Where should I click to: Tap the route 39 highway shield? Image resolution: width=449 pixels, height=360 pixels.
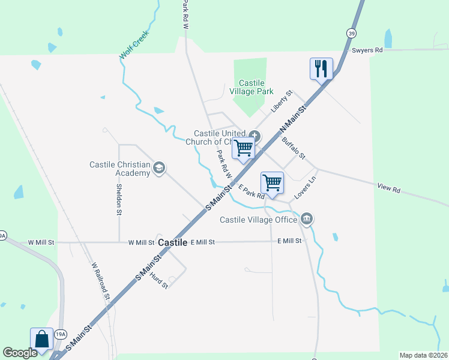point(350,32)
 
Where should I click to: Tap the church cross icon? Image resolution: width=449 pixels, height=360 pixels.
point(255,136)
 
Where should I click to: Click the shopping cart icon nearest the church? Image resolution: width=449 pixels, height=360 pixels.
point(243,148)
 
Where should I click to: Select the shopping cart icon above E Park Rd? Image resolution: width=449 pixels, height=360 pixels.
point(272,182)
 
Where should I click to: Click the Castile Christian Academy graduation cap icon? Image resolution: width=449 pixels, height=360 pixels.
point(159,167)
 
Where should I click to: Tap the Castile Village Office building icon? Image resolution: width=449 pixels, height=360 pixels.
point(307,218)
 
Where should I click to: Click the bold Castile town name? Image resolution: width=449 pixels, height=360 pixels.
point(173,242)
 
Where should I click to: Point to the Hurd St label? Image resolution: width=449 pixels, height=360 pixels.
point(159,279)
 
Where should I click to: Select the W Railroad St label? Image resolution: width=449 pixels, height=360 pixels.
point(100,280)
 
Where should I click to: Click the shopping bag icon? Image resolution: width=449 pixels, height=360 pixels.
point(42,339)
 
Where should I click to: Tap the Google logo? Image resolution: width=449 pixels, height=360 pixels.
point(19,353)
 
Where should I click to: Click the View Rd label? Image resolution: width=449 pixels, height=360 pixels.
point(388,189)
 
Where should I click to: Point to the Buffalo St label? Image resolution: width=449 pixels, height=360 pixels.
point(294,148)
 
